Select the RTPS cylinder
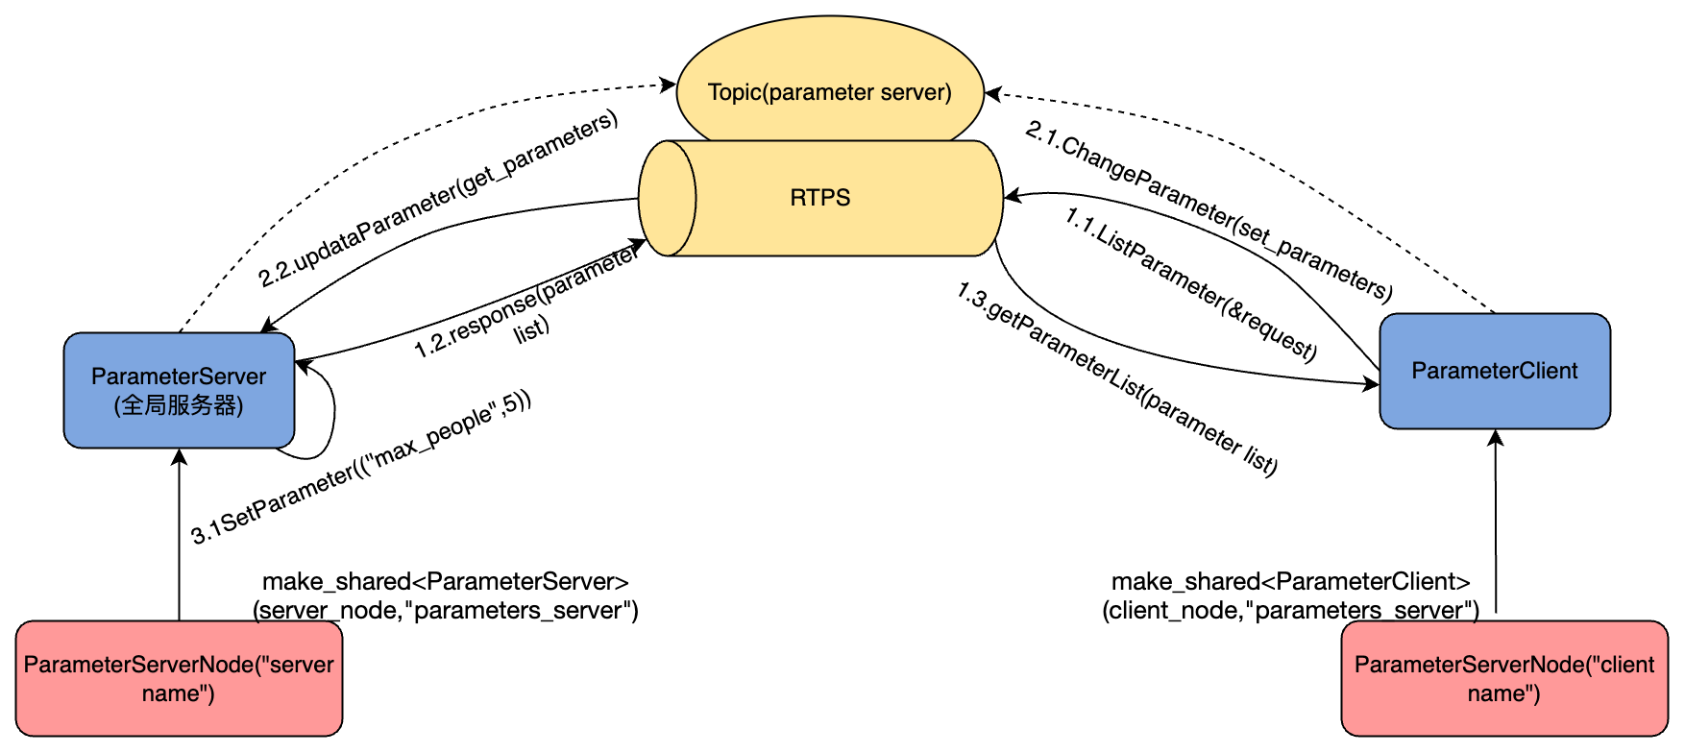click(x=819, y=198)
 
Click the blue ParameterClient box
click(x=1494, y=371)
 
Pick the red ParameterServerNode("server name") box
click(x=179, y=678)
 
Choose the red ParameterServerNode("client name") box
click(x=1503, y=678)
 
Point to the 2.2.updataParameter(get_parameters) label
click(x=438, y=199)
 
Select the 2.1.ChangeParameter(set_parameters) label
click(x=1209, y=209)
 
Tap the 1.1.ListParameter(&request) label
click(x=1190, y=283)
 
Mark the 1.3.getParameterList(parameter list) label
click(x=1116, y=378)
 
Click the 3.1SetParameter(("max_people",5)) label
click(x=360, y=468)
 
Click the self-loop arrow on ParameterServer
click(x=331, y=413)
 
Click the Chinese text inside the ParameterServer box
click(x=179, y=405)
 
